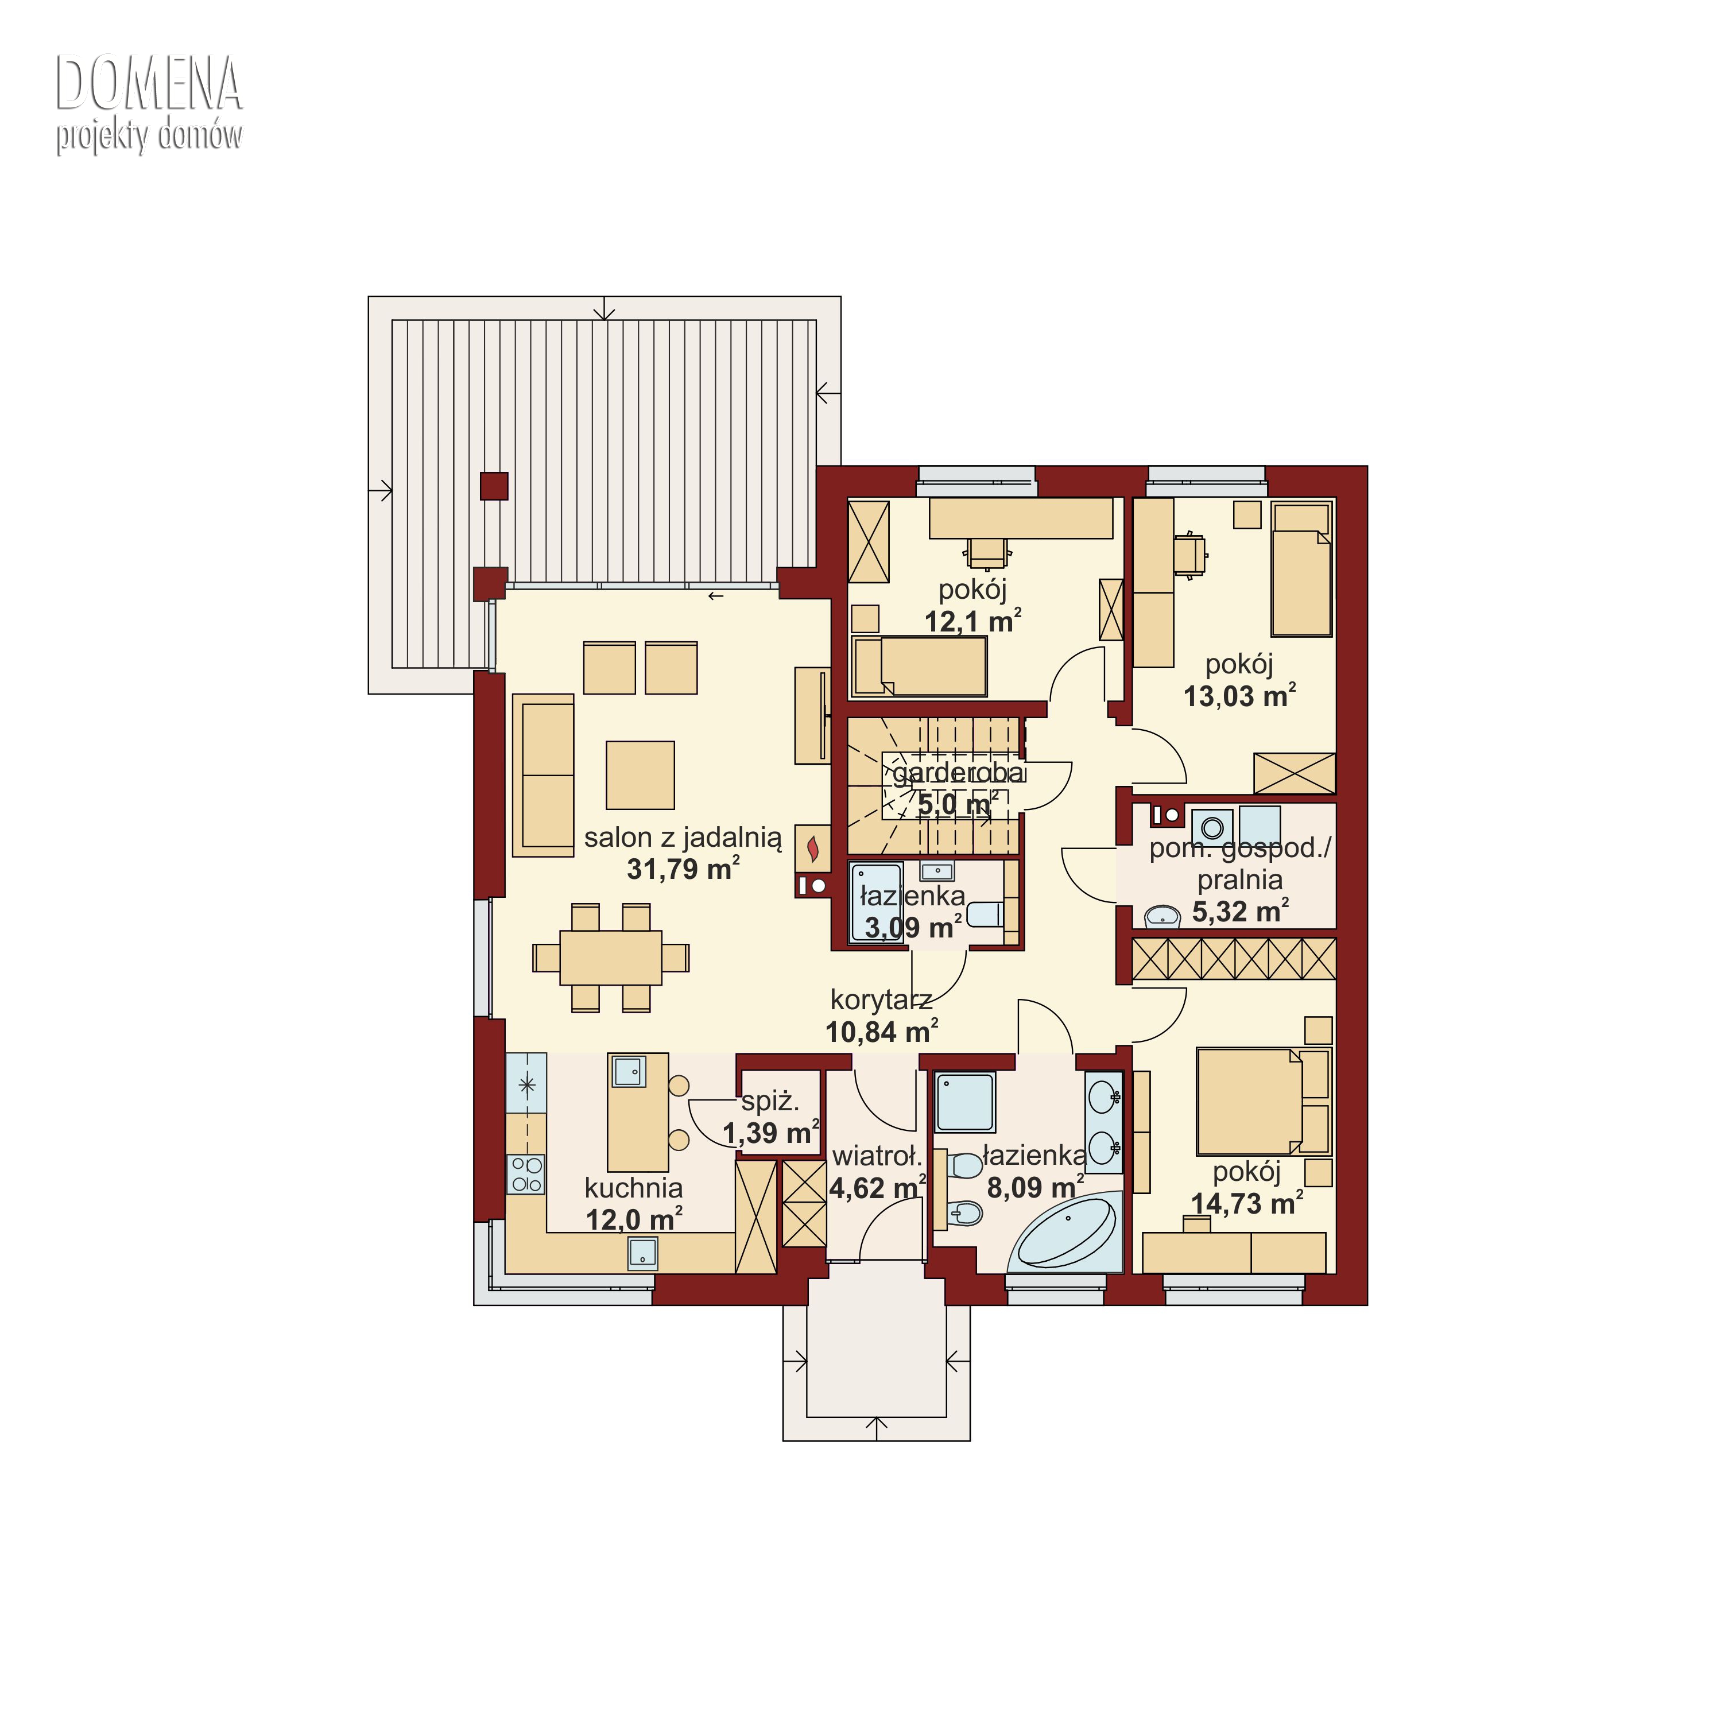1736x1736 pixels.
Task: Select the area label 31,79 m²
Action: pyautogui.click(x=684, y=869)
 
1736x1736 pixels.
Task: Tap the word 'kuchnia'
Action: pyautogui.click(x=633, y=1188)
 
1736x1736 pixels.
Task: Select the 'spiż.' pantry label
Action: pyautogui.click(x=770, y=1103)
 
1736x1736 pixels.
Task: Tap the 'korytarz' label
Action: pyautogui.click(x=881, y=1000)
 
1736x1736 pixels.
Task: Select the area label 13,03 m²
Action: pyautogui.click(x=1240, y=696)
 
